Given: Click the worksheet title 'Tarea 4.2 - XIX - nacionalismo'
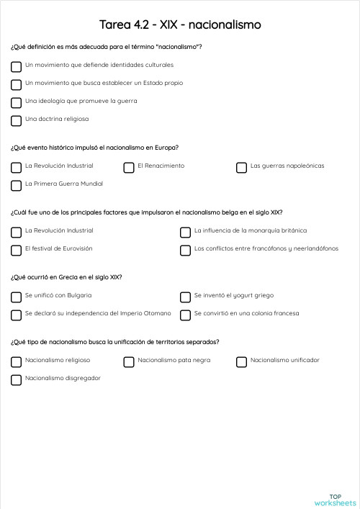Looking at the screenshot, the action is [180, 25].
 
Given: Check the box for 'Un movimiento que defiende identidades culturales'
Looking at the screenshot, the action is [16, 66].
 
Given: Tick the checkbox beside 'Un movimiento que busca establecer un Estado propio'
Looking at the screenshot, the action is [16, 84].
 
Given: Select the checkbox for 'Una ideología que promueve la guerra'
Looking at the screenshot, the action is [16, 102].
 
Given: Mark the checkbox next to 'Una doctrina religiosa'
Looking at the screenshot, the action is [16, 120].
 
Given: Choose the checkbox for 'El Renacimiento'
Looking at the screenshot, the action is [129, 167].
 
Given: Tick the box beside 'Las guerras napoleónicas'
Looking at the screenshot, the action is [242, 167].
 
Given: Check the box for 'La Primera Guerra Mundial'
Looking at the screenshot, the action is [16, 185].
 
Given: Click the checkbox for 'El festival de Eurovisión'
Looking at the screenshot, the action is [16, 250].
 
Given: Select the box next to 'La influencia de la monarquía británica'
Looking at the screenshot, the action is [185, 232].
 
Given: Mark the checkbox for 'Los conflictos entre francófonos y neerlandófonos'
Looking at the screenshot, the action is [185, 250].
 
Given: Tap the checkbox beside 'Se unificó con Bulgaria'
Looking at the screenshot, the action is [16, 297].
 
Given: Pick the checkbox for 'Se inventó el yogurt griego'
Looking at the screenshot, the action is [185, 297].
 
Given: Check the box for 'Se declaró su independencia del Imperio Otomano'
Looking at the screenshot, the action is [16, 315].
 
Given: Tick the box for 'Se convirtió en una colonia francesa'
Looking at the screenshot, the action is [185, 315].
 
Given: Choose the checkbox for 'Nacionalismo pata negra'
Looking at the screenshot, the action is [129, 361].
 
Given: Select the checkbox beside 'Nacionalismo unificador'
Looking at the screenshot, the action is [242, 361].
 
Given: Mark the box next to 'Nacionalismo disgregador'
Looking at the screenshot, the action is [16, 379].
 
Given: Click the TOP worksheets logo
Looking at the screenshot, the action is [335, 500].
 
